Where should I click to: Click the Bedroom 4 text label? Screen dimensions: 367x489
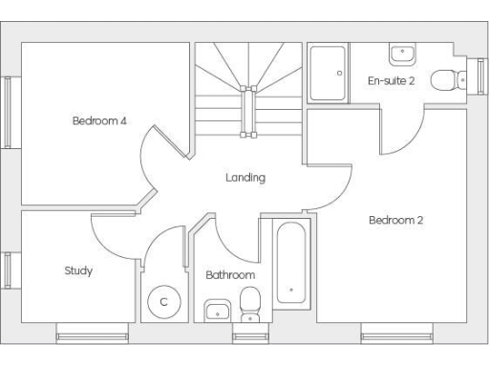pos(99,120)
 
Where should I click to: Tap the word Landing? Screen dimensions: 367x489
pos(245,178)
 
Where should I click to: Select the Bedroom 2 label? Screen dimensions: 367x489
pos(396,221)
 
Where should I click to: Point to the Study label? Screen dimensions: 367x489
pos(78,270)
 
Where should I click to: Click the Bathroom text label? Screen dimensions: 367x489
pos(230,275)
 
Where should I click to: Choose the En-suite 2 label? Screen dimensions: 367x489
pos(392,80)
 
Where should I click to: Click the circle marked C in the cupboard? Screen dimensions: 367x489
pos(163,302)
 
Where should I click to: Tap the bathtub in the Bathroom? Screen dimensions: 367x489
pos(290,263)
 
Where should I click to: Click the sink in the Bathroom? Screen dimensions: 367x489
pos(217,310)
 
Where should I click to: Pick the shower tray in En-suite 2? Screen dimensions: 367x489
pos(329,73)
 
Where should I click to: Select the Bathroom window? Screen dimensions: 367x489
pos(250,335)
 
